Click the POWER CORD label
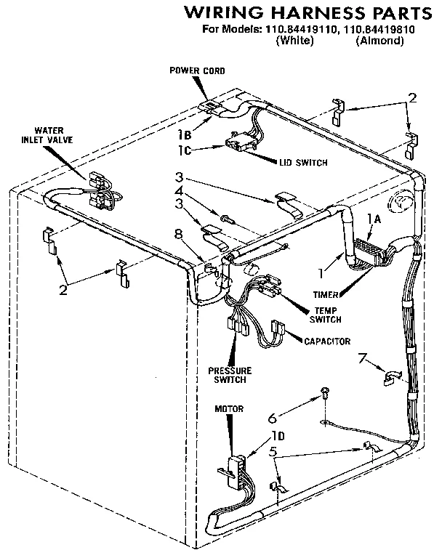[197, 70]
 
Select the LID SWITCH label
[301, 162]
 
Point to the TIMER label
[324, 295]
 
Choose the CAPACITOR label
[326, 341]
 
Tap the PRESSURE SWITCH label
[230, 376]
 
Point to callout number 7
[363, 357]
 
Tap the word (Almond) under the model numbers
[379, 41]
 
